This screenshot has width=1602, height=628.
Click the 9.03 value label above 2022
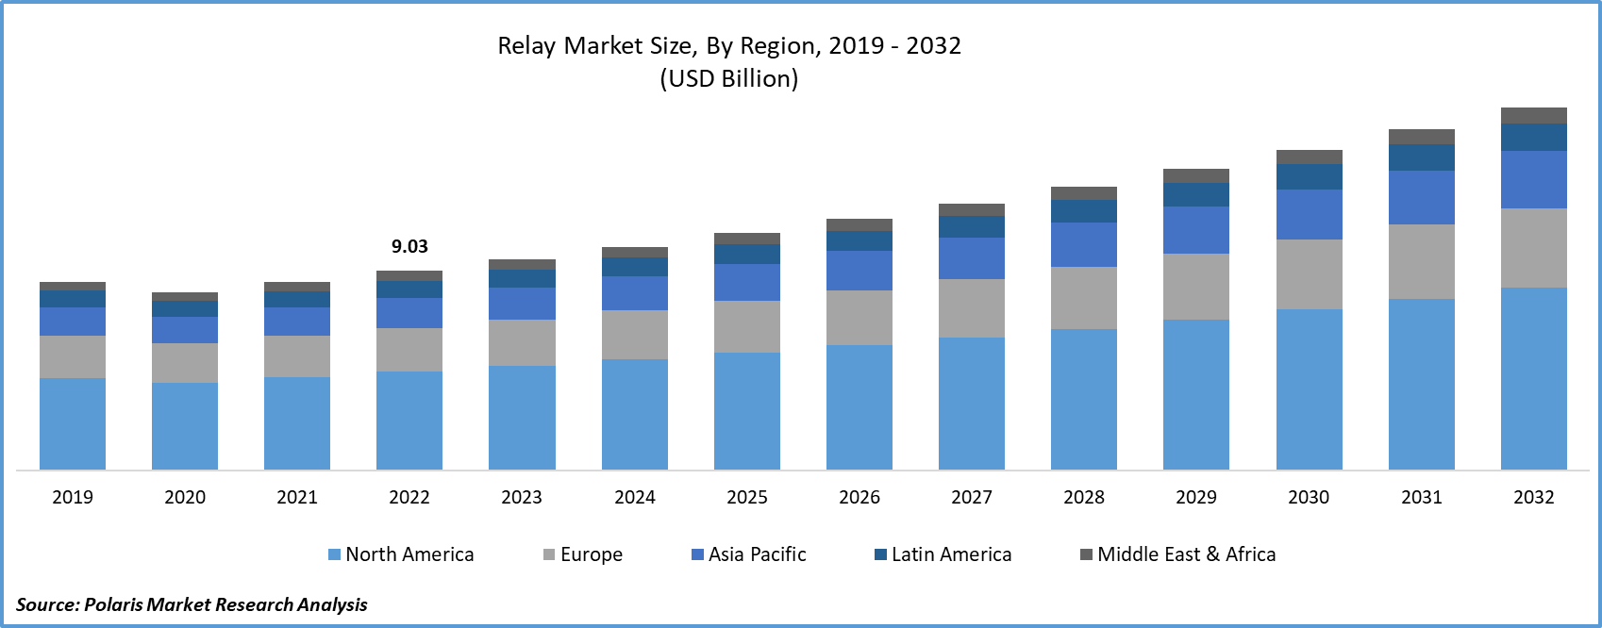click(409, 246)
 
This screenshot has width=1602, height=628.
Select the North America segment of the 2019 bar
click(73, 423)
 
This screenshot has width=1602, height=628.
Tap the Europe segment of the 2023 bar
click(522, 342)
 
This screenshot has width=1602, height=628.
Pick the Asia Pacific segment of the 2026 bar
click(859, 271)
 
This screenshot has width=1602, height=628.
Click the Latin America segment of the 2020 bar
click(185, 308)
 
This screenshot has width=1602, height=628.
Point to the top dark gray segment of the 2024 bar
click(635, 252)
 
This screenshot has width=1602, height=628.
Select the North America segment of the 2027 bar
click(972, 403)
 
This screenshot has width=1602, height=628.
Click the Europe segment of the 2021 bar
click(297, 355)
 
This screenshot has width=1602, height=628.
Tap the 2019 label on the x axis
click(73, 497)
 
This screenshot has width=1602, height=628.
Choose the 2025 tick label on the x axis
click(747, 497)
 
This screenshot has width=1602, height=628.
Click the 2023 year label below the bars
click(522, 497)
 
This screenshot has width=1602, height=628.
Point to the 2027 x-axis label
click(972, 497)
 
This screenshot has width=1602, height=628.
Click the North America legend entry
click(401, 554)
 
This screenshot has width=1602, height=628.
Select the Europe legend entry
click(583, 554)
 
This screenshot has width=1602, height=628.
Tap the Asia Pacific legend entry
click(749, 554)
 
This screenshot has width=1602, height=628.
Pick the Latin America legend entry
click(943, 554)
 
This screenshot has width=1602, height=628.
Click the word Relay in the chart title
click(526, 46)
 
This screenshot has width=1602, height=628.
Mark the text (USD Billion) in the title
click(728, 78)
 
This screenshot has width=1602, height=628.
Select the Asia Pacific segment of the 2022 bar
click(409, 312)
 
